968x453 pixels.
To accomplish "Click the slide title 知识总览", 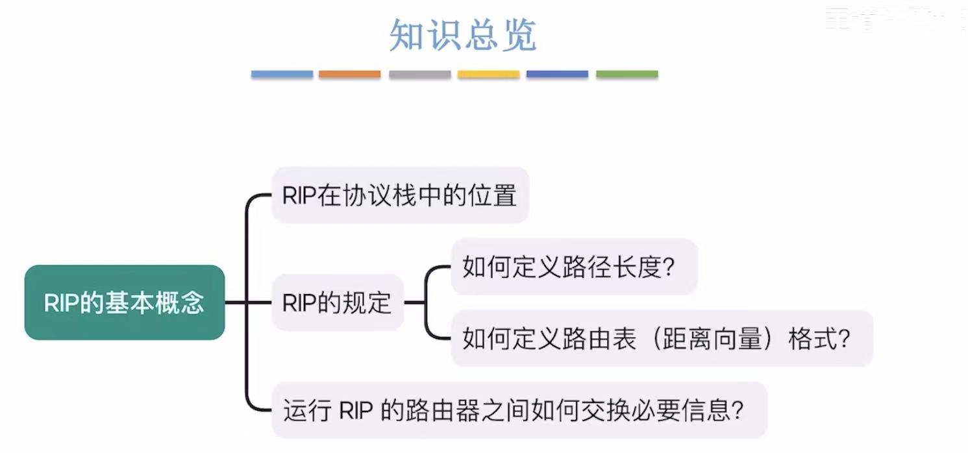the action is (x=463, y=35).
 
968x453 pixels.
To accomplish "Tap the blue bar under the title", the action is (x=282, y=75).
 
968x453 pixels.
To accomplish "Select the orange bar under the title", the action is (x=349, y=75).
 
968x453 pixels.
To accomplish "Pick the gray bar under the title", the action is (x=419, y=75).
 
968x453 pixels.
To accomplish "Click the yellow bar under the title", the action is (x=488, y=75).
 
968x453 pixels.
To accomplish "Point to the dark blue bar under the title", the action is (x=557, y=75).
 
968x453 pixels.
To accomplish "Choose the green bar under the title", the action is (x=627, y=75).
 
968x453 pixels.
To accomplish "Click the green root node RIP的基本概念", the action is (x=125, y=302).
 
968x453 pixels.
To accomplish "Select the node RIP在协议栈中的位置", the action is (x=400, y=195).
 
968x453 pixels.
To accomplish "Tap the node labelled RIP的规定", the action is (x=338, y=302).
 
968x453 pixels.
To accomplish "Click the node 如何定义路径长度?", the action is (x=574, y=267).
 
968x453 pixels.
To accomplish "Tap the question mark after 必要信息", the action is (x=737, y=411).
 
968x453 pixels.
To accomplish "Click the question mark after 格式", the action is (x=845, y=339).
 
